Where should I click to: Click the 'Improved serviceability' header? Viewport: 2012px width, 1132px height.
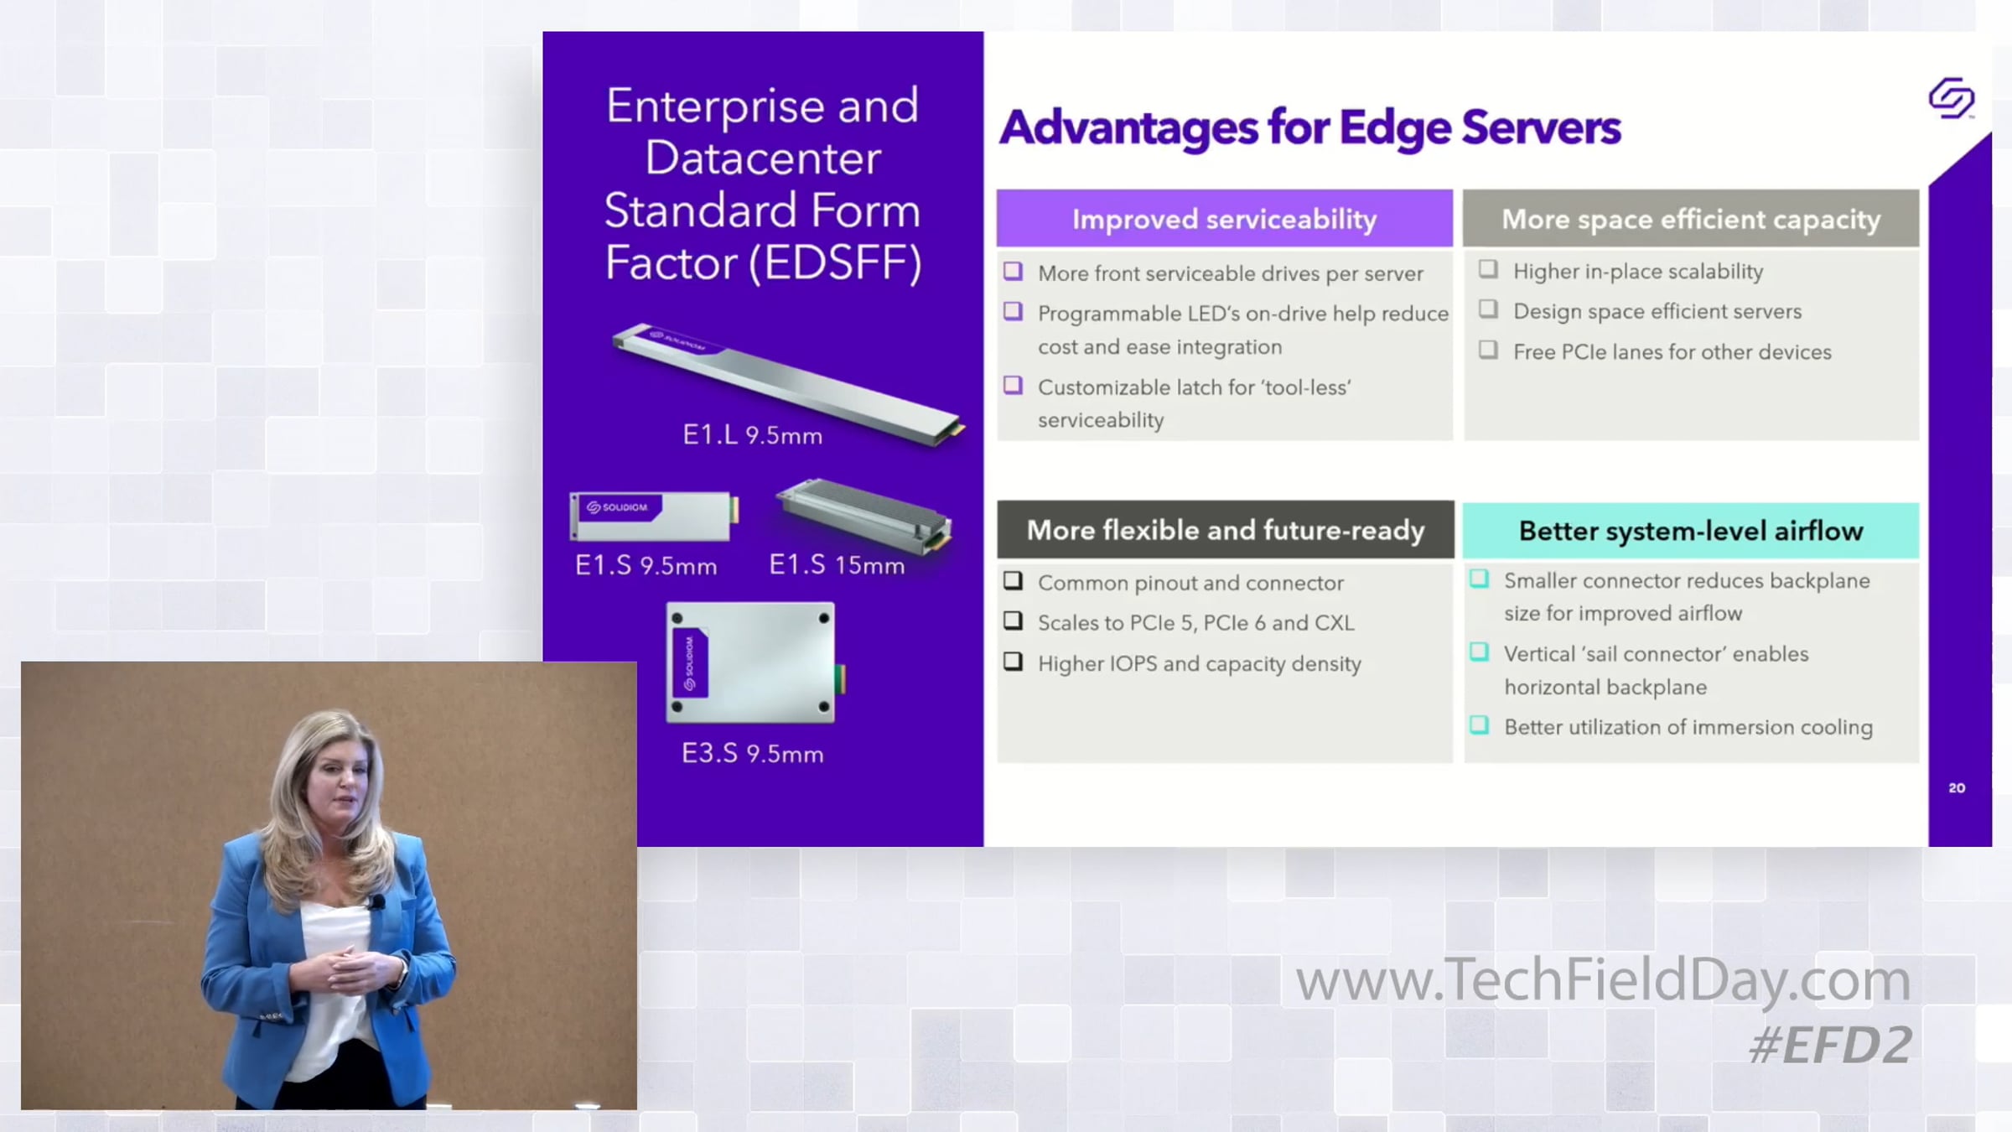coord(1224,219)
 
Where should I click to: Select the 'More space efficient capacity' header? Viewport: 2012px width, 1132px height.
coord(1691,219)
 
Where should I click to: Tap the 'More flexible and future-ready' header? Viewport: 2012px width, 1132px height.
coord(1225,530)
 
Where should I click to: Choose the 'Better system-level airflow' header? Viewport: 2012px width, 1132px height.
coord(1691,531)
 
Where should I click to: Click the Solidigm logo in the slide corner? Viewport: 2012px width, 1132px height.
coord(1952,98)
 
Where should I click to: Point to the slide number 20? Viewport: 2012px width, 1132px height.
coord(1957,788)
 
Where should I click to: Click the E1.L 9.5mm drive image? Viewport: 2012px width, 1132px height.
coord(788,383)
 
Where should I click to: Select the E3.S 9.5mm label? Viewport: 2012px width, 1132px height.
coord(752,753)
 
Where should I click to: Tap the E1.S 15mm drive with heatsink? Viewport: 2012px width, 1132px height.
coord(864,515)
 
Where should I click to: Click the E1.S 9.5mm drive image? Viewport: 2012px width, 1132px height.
coord(654,516)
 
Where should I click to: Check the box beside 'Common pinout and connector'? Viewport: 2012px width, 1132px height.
coord(1014,580)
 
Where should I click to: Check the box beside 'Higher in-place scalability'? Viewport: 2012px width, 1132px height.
coord(1488,269)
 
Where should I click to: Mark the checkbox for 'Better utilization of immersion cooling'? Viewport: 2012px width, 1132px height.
coord(1480,724)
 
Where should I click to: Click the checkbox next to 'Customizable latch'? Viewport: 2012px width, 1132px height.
coord(1014,385)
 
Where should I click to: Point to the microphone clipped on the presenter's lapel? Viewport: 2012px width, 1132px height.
coord(377,902)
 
